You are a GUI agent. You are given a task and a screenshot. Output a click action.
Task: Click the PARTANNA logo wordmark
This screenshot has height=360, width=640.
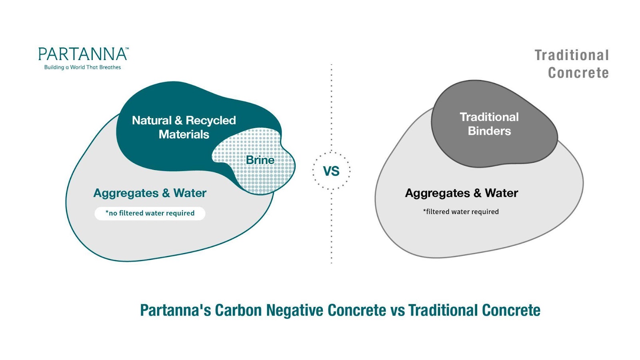pos(83,54)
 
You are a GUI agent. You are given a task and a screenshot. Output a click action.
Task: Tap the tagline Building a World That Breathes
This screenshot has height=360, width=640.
pos(82,68)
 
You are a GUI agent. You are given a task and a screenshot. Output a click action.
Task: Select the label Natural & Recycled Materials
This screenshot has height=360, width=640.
pos(184,127)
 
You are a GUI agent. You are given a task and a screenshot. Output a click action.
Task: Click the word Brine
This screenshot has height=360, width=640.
pos(260,160)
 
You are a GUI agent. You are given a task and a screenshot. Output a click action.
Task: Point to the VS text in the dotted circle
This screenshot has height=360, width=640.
pos(331,171)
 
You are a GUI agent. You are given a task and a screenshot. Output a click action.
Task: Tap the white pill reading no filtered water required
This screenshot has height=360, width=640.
pos(150,214)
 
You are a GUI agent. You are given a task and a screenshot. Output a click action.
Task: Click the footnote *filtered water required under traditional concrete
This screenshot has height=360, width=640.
pos(461,212)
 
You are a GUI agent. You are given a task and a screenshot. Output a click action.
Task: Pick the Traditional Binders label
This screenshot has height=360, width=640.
pos(489,124)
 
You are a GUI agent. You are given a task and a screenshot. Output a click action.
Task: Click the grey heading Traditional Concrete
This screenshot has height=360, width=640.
pos(572,64)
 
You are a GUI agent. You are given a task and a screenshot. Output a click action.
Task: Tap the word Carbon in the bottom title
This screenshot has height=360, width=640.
pos(238,310)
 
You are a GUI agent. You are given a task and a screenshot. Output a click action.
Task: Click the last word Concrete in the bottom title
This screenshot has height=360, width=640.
pos(511,310)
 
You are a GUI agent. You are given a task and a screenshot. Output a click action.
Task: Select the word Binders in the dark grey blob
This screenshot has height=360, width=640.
pos(489,131)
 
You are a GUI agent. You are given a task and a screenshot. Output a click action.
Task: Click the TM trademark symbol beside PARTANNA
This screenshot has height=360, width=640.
pos(127,48)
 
